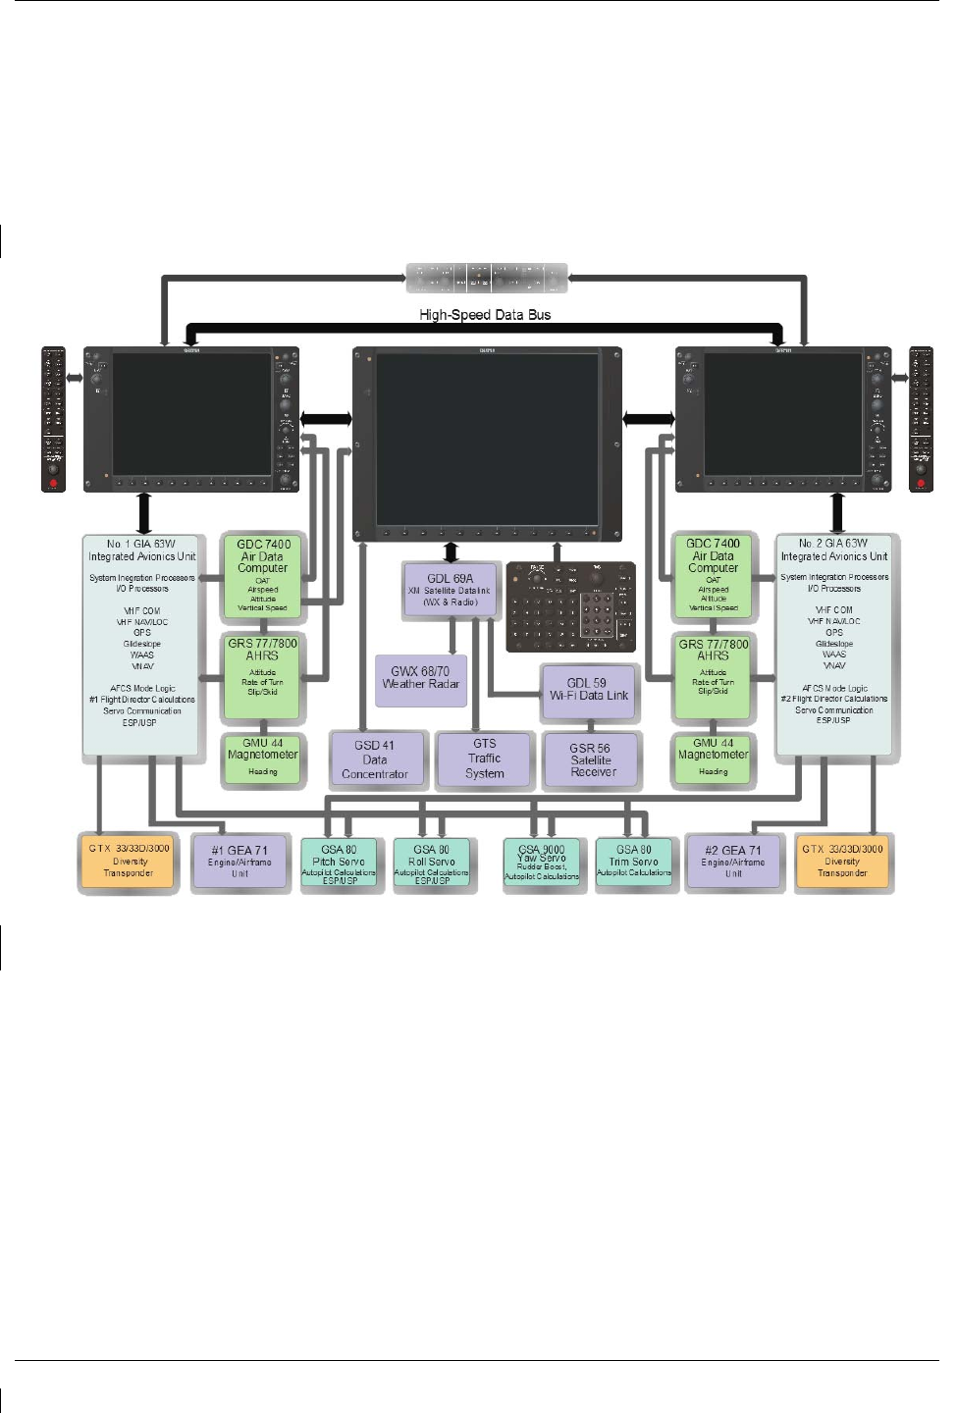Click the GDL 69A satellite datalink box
(x=451, y=590)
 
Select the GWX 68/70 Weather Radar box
(x=421, y=680)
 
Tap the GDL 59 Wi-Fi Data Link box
(x=589, y=691)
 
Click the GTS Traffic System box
(x=485, y=759)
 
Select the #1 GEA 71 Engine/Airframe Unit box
(x=239, y=862)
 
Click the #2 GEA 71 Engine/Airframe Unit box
(x=733, y=862)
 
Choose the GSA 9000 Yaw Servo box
(x=542, y=863)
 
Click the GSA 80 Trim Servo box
(x=634, y=863)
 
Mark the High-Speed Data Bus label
(x=485, y=315)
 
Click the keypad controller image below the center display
(x=571, y=606)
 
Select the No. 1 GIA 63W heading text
(x=142, y=549)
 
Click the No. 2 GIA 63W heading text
(x=833, y=549)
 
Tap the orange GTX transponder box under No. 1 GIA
(x=129, y=862)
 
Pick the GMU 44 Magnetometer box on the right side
(x=714, y=759)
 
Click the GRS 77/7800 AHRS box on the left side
(x=262, y=676)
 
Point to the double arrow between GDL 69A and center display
(x=452, y=551)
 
